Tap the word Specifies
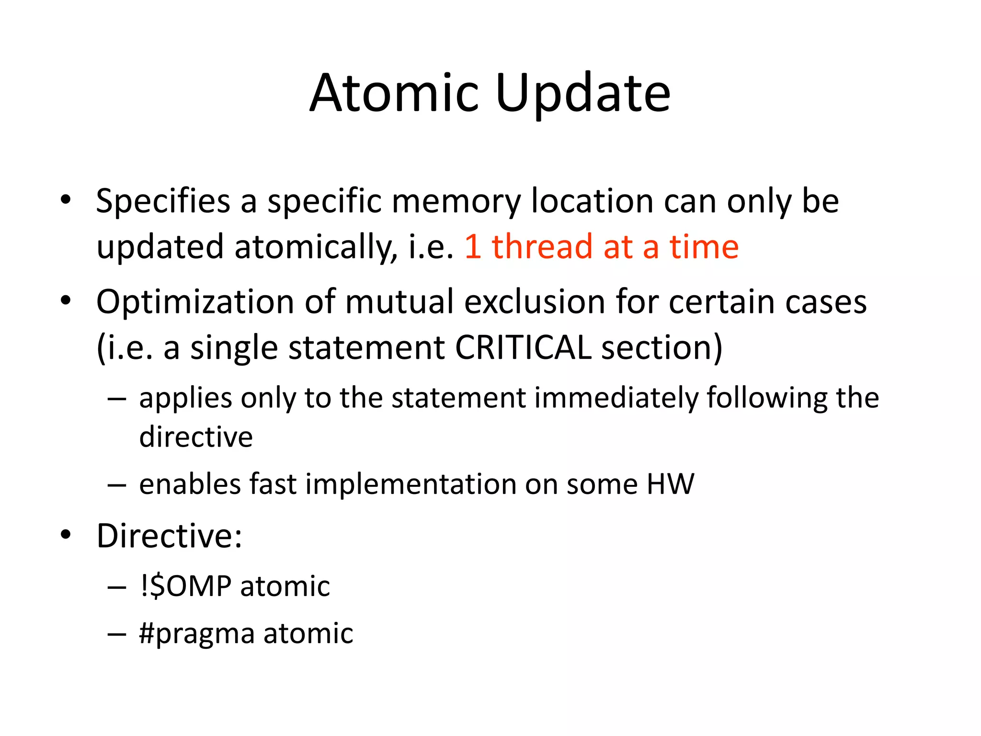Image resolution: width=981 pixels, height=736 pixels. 163,201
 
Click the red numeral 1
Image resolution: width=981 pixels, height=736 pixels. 473,247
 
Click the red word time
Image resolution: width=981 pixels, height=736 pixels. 704,247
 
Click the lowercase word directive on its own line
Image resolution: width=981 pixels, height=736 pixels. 196,437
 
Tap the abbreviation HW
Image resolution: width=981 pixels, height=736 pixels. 670,484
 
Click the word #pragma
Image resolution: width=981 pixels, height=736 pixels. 197,633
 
